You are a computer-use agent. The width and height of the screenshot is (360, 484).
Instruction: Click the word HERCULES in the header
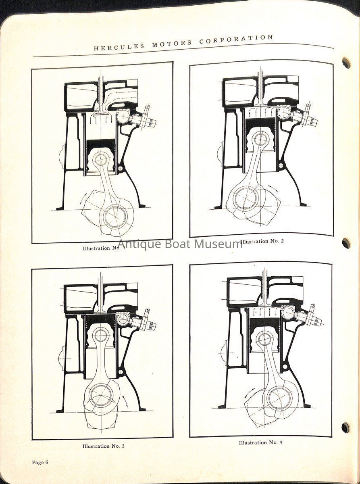pos(119,46)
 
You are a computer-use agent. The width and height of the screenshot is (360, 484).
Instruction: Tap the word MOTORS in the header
pos(172,43)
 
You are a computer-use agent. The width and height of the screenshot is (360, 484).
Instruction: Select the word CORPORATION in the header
pos(236,39)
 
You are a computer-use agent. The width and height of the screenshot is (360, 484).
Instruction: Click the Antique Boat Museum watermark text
pos(180,244)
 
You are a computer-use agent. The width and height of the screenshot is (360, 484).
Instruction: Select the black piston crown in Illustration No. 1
pos(101,144)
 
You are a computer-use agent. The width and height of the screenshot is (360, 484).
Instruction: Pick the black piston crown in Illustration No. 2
pos(261,124)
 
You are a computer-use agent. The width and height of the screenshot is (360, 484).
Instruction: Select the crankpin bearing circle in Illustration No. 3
pos(101,384)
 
